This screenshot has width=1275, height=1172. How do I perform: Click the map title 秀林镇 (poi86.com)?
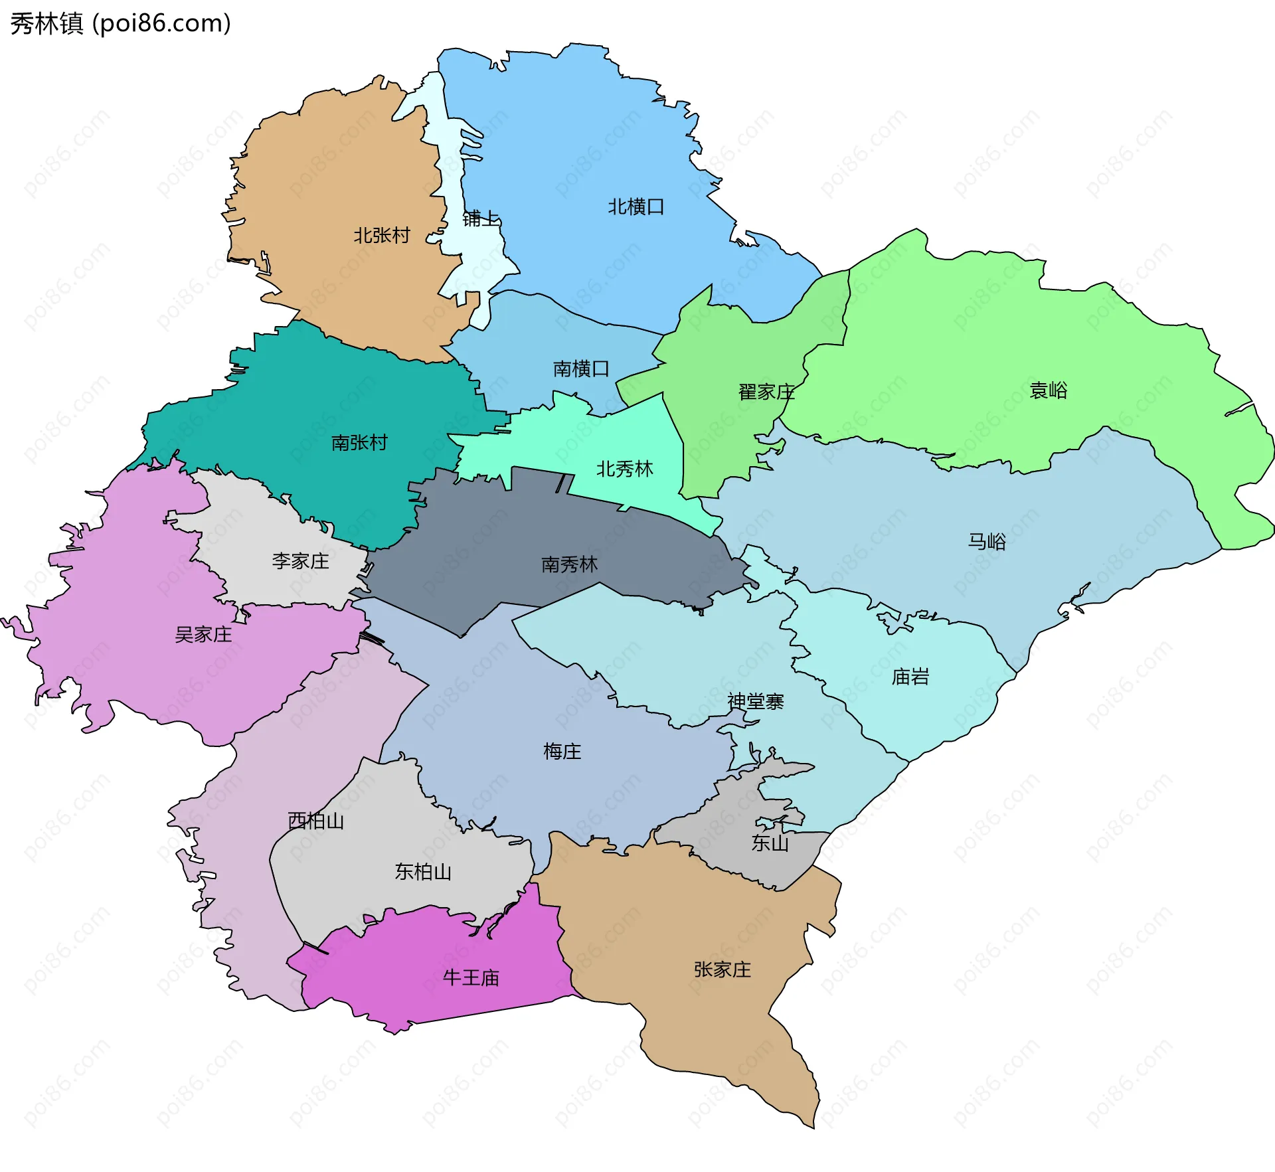(x=120, y=24)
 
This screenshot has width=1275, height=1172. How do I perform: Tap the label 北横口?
(x=636, y=207)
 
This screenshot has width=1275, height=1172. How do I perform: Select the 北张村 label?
(x=381, y=236)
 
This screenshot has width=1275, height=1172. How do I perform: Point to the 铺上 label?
(x=480, y=218)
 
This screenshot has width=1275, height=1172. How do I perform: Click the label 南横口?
(x=581, y=369)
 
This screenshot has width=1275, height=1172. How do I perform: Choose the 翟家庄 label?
(x=766, y=392)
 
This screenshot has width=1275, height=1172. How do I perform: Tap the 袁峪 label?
(x=1048, y=390)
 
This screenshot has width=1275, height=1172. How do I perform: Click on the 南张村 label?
(x=359, y=443)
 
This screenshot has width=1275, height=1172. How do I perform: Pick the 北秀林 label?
(x=624, y=469)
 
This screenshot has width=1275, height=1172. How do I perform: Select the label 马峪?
(x=986, y=542)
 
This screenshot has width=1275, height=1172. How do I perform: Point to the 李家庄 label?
(x=300, y=562)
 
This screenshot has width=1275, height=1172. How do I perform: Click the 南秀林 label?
(x=569, y=565)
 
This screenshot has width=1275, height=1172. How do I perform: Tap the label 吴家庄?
(x=203, y=635)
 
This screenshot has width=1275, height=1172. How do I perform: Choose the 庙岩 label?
(x=910, y=677)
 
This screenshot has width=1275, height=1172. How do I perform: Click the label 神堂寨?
(x=755, y=702)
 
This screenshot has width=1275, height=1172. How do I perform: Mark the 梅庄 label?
(x=562, y=752)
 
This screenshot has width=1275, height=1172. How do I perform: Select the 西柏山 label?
(x=315, y=821)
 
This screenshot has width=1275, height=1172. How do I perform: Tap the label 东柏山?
(x=423, y=872)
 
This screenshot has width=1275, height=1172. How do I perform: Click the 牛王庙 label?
(x=471, y=978)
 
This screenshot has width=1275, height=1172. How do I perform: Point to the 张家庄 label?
(x=722, y=970)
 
